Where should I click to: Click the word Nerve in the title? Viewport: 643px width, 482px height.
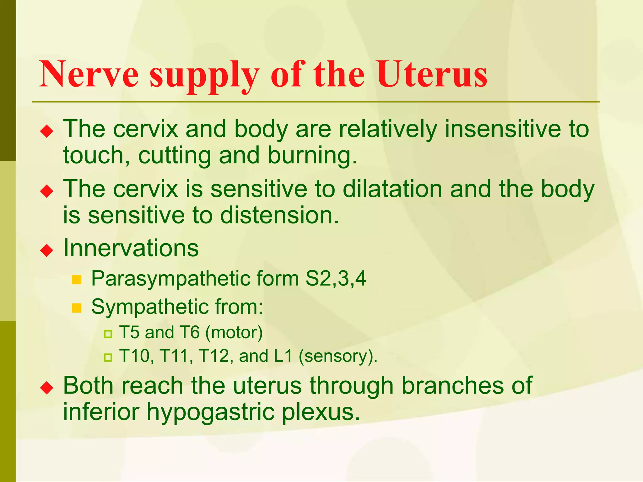[89, 74]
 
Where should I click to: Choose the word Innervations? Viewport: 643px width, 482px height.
[131, 248]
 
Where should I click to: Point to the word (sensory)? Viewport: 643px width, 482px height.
[338, 356]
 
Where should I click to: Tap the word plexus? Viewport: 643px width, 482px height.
[321, 412]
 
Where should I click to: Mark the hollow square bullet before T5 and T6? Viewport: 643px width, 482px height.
[108, 334]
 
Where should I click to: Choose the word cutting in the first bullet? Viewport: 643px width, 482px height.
[174, 156]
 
